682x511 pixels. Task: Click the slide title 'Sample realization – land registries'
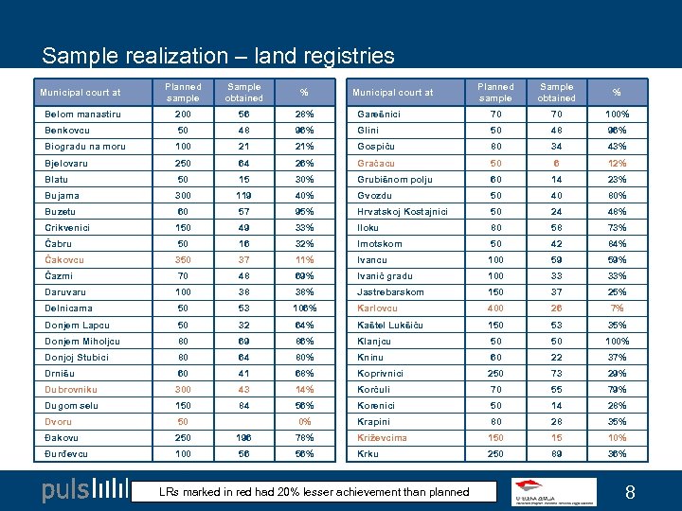pyautogui.click(x=218, y=56)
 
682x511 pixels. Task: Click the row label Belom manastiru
pyautogui.click(x=82, y=114)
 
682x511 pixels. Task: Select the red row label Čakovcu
pyautogui.click(x=64, y=260)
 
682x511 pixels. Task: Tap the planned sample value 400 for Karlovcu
pyautogui.click(x=495, y=308)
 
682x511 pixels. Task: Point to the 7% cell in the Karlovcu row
pyautogui.click(x=617, y=308)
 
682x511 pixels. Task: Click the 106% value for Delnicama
pyautogui.click(x=304, y=308)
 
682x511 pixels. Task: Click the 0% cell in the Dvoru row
pyautogui.click(x=304, y=422)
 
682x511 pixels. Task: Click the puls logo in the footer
pyautogui.click(x=85, y=490)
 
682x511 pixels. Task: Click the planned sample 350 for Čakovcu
pyautogui.click(x=183, y=260)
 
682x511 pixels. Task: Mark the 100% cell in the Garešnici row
pyautogui.click(x=617, y=114)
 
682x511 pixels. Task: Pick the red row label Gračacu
pyautogui.click(x=377, y=163)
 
